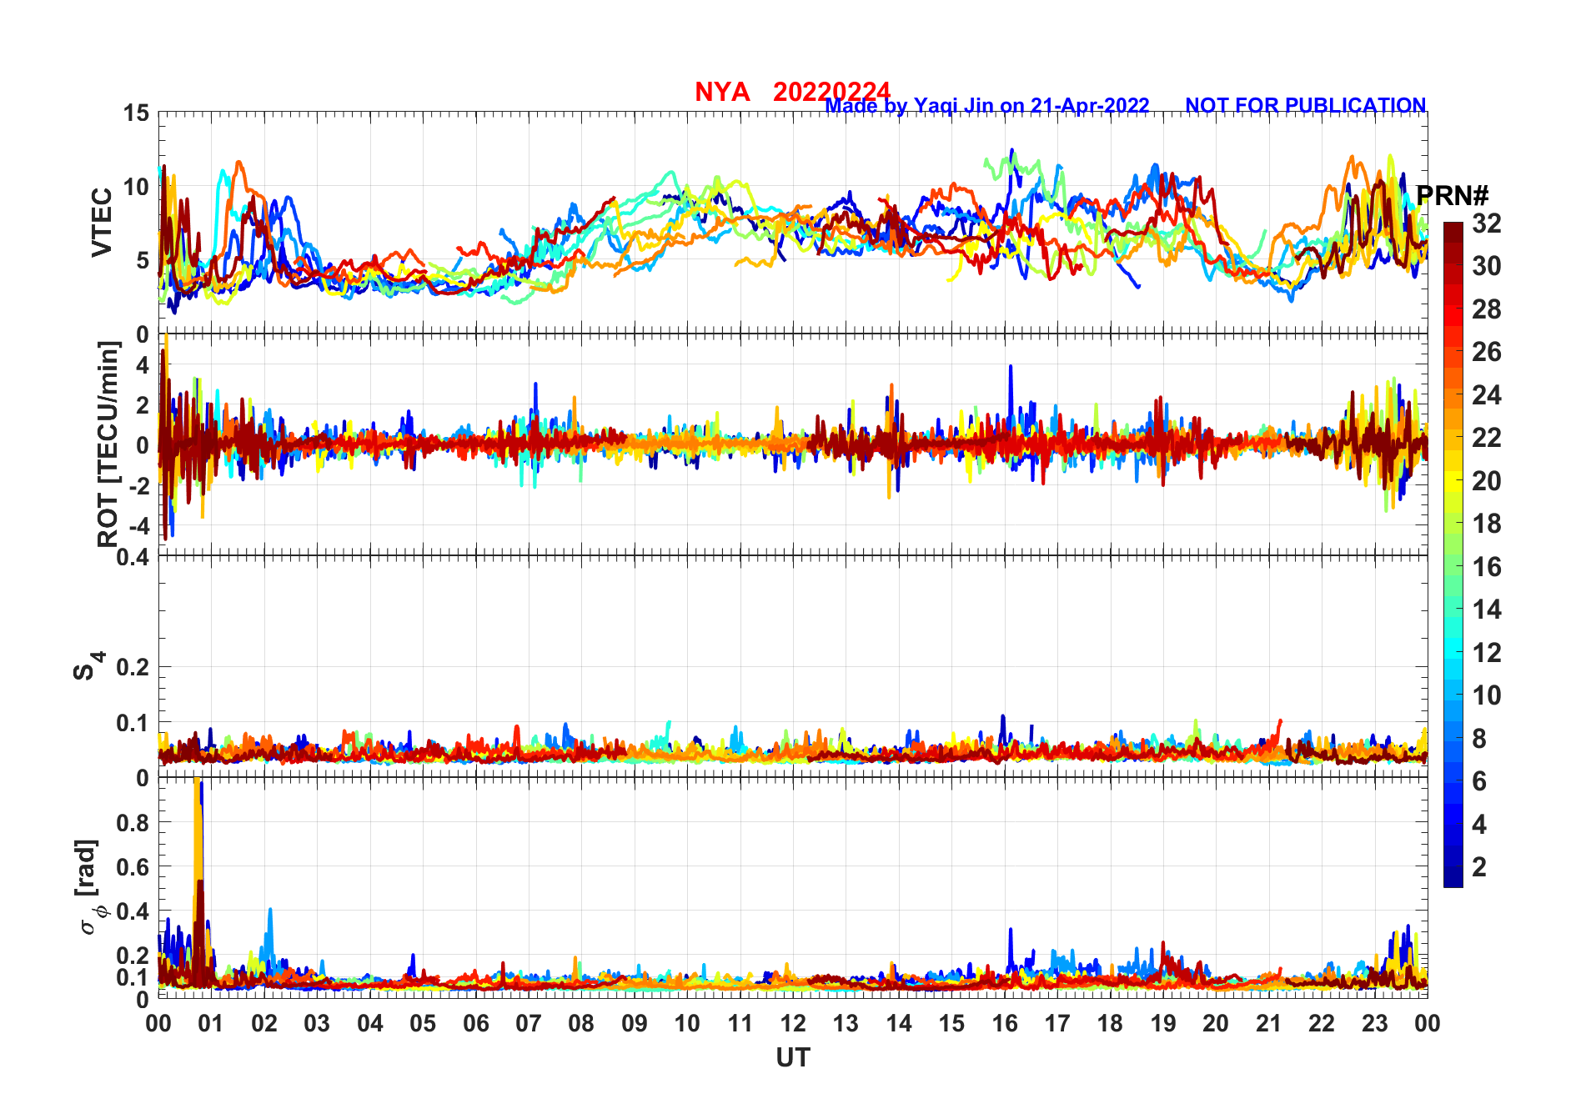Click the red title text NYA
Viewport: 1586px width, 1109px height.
coord(722,92)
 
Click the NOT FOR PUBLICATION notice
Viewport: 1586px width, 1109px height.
coord(1305,106)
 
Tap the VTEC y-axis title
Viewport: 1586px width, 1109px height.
coord(102,223)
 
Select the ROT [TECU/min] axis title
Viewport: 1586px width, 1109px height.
coord(108,444)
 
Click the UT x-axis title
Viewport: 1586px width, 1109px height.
coord(792,1058)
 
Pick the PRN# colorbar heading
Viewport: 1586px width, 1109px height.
coord(1453,196)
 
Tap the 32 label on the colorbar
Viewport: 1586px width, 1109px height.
coord(1486,223)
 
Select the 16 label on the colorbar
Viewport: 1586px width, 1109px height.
coord(1486,567)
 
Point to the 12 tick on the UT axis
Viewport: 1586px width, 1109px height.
coord(793,1023)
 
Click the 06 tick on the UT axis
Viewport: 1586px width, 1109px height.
coord(475,1023)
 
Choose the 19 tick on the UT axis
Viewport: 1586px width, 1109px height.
coord(1163,1023)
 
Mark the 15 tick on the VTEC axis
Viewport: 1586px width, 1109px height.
coord(136,113)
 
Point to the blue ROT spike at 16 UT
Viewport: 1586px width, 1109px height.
coord(1011,371)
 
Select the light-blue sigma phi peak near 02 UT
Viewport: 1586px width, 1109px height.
coord(269,914)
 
